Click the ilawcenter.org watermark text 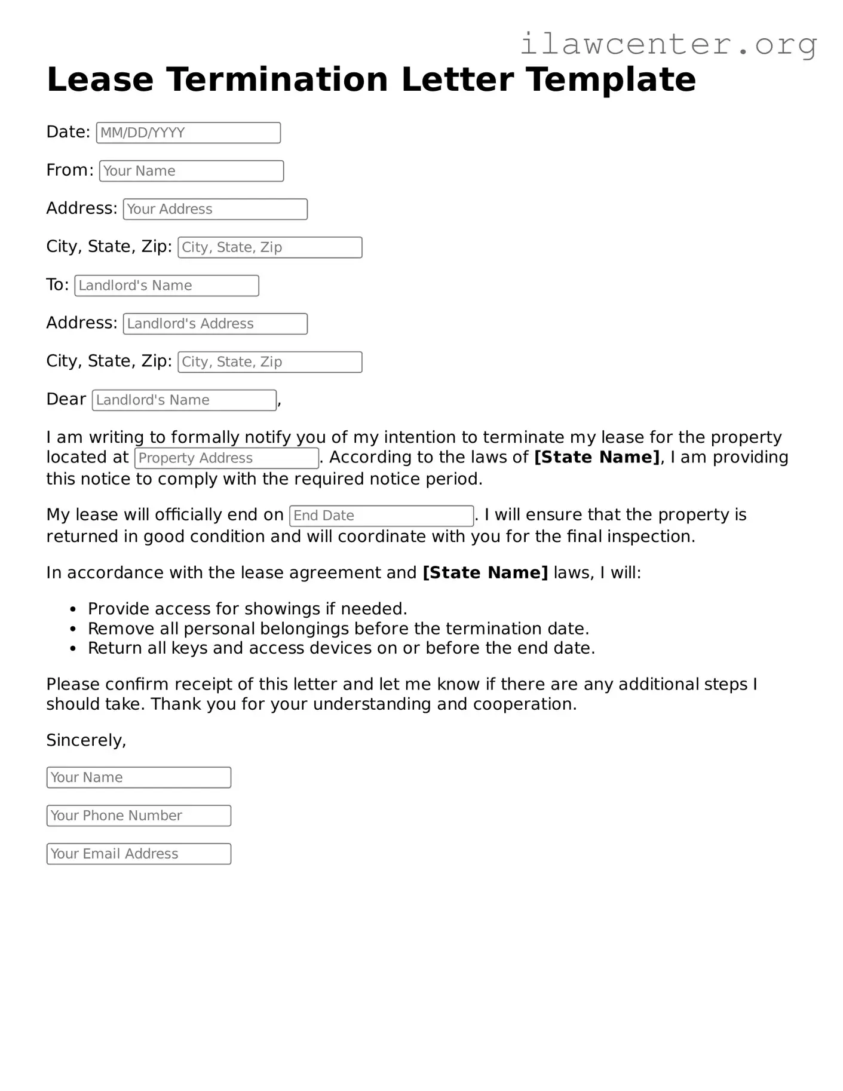point(668,44)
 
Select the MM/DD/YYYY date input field point(188,133)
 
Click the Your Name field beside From point(191,171)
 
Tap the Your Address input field point(215,209)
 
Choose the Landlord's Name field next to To point(167,286)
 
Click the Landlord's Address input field point(215,324)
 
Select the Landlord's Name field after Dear point(184,400)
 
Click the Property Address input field point(226,458)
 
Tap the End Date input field point(381,516)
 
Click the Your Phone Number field point(139,816)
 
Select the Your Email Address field point(139,854)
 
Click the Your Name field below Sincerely point(139,777)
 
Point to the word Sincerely point(85,740)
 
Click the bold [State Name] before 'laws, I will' point(485,573)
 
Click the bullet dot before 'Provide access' point(73,610)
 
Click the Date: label point(68,132)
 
